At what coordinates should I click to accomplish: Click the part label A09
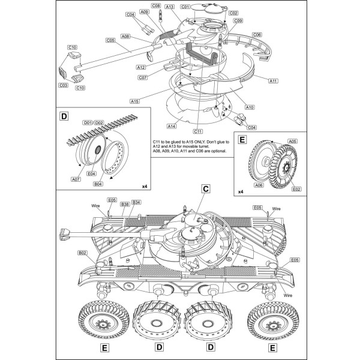point(145,11)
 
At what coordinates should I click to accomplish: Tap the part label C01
point(185,7)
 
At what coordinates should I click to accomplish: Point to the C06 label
point(257,35)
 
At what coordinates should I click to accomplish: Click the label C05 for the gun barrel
point(110,40)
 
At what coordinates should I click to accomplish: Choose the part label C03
point(63,85)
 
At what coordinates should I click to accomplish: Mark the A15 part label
point(134,101)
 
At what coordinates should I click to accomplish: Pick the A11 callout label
point(273,80)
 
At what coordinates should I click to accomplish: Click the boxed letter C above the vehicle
point(205,189)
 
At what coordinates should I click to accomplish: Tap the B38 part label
point(125,204)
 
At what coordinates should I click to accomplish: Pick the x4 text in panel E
point(241,191)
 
